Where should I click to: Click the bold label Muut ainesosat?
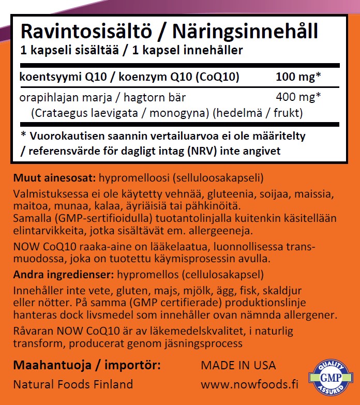click(53, 178)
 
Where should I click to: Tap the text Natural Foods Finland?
click(72, 384)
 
